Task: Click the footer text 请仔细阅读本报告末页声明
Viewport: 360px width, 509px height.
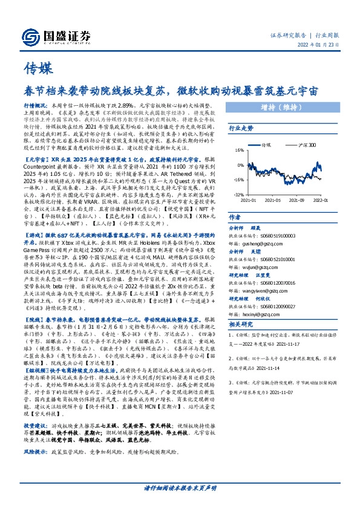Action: tap(180, 487)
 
